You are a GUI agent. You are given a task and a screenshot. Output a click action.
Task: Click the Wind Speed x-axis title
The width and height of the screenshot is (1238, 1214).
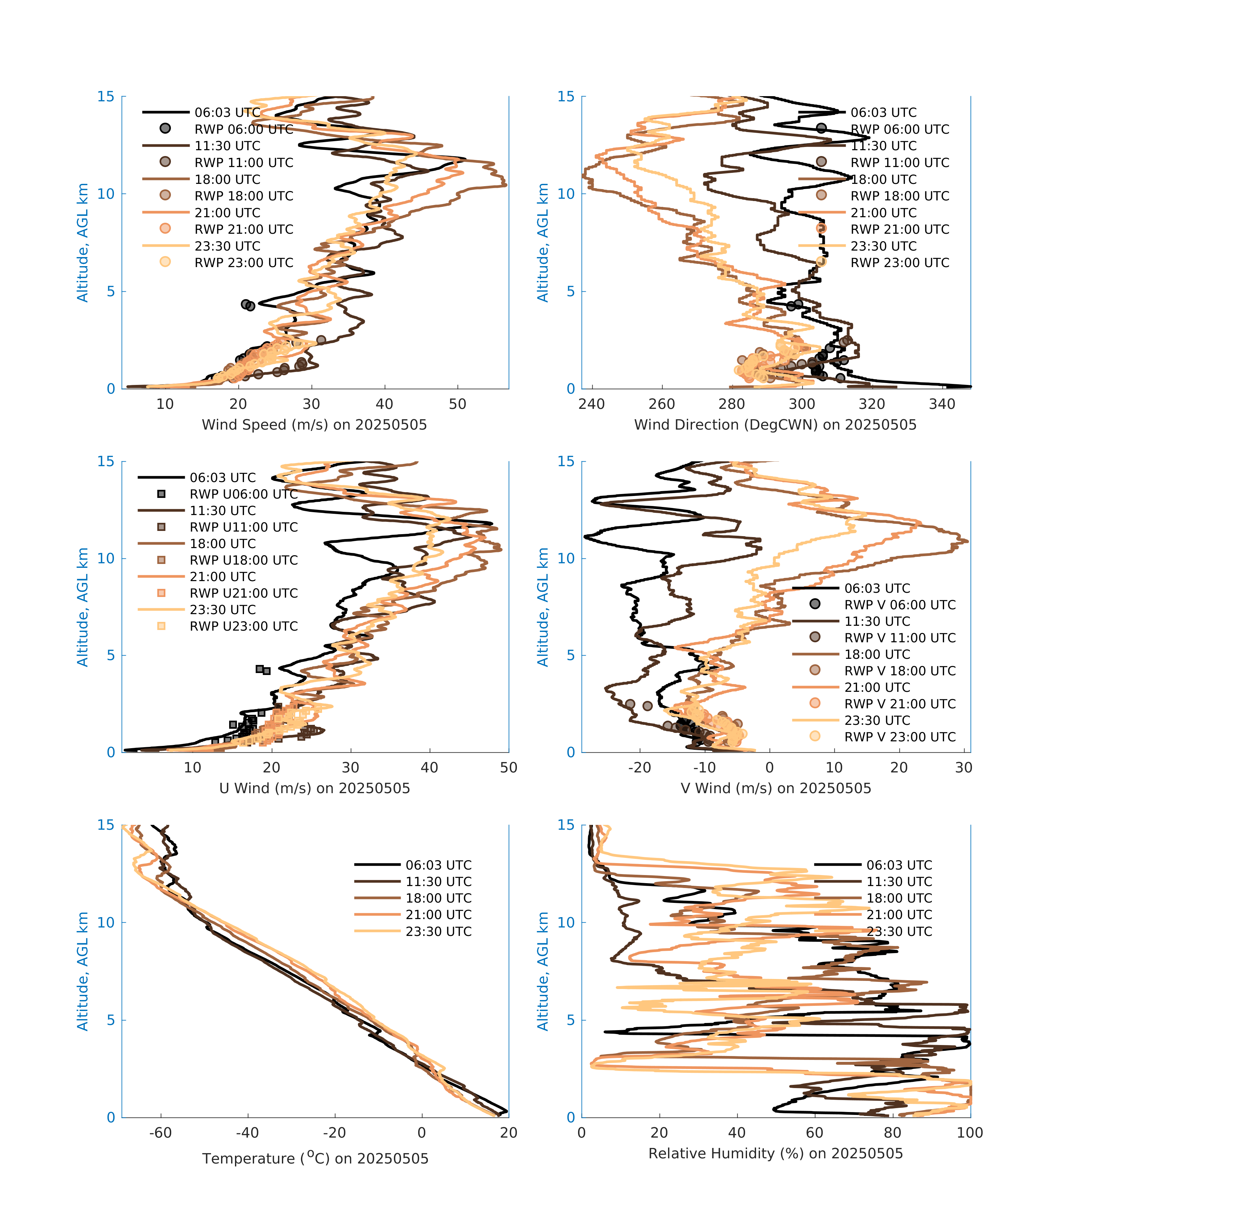coord(314,425)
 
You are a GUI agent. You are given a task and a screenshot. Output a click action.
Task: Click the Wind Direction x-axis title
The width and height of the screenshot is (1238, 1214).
coord(775,425)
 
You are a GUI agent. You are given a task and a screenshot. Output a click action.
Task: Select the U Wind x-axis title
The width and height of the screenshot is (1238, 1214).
coord(314,788)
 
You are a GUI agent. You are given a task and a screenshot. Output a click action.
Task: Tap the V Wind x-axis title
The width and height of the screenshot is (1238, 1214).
coord(775,788)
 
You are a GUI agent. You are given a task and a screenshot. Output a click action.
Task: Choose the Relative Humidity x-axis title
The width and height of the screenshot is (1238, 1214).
coord(775,1153)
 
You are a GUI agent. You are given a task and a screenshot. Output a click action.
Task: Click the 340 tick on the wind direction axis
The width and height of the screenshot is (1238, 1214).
coord(942,404)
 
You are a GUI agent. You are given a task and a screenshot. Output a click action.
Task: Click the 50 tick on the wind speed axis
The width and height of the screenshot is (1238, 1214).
coord(457,404)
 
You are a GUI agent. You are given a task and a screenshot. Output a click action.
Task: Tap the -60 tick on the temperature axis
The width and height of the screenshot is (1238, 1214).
coord(161,1133)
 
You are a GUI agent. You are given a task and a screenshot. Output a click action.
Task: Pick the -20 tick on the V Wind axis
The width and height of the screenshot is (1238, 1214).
coord(640,768)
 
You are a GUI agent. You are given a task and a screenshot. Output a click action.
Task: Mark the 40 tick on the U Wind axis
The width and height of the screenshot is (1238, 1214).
coord(429,768)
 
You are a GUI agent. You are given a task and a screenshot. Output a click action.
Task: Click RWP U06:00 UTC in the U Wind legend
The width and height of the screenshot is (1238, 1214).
coord(243,494)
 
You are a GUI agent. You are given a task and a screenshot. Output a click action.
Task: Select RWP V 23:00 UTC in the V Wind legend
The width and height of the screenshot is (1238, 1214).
coord(899,737)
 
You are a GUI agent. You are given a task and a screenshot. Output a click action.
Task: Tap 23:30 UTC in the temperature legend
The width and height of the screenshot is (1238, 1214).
coord(439,931)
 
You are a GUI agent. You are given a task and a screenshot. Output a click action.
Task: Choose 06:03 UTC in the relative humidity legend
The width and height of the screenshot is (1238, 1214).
coord(899,865)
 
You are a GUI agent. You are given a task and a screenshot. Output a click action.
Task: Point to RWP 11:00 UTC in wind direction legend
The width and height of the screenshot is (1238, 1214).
coord(899,163)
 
